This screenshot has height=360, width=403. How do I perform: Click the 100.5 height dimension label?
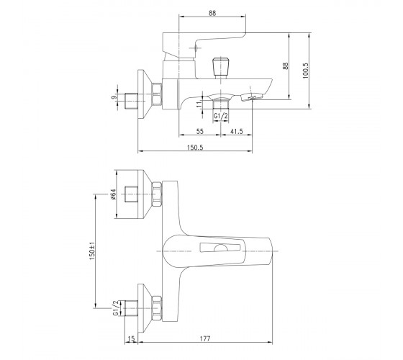coord(305,71)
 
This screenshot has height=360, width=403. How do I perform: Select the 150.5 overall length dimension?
coord(195,148)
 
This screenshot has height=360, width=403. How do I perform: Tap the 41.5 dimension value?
coord(237,131)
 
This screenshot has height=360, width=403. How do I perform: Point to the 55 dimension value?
coord(200,131)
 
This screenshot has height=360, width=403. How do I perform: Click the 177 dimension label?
coord(205,338)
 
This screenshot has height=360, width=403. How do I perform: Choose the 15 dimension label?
coord(131,339)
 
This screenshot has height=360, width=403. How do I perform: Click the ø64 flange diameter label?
coord(114,194)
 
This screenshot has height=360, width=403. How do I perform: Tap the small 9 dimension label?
coord(114,98)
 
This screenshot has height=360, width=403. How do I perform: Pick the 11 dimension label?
coord(199,104)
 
